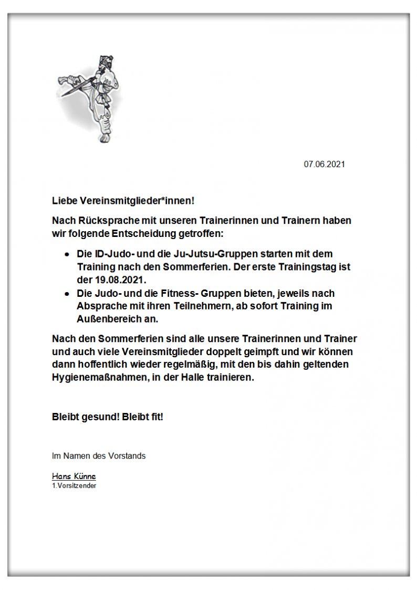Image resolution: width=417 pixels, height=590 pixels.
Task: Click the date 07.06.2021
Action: [x=324, y=164]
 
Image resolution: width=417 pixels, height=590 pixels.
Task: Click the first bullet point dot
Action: [x=67, y=254]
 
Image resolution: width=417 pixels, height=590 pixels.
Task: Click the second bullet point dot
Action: [x=67, y=293]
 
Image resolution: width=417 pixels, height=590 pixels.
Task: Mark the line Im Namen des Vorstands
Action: [x=99, y=456]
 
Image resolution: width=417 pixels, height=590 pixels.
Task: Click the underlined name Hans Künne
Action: [x=74, y=477]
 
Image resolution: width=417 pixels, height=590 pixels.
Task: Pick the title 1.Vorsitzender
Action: [x=74, y=485]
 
